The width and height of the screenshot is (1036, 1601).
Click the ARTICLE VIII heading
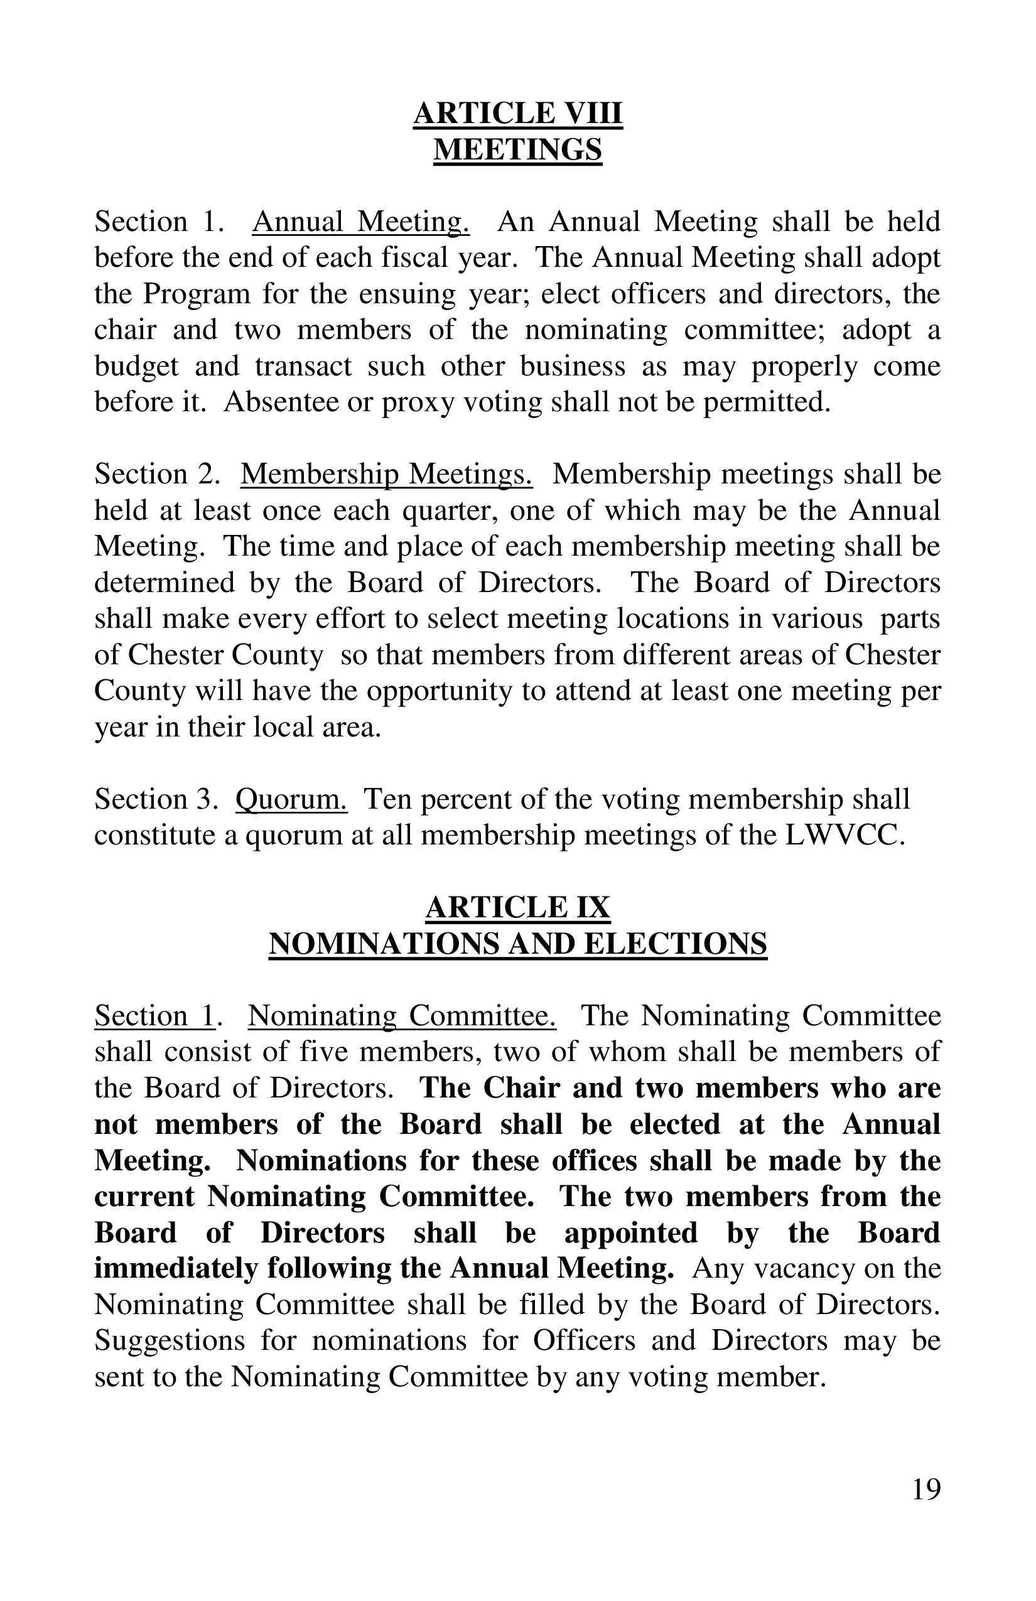517,112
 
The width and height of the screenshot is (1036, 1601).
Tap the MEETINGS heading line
517,149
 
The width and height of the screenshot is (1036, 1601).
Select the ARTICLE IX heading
517,907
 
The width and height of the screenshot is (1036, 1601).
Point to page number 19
925,1490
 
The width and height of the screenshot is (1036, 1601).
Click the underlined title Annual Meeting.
360,221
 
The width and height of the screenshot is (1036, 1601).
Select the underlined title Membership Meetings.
387,473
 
